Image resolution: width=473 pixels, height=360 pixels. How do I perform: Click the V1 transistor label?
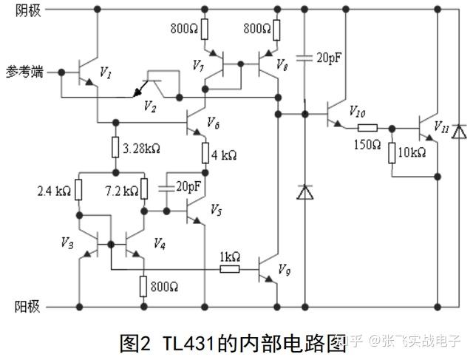tap(105, 74)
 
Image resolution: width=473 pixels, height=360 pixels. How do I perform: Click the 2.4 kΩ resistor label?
tap(55, 191)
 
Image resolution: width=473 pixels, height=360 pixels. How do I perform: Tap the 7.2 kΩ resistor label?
tap(120, 191)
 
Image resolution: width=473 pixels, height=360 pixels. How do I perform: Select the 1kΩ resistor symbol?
tap(229, 269)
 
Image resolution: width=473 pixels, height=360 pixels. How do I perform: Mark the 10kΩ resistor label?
tap(412, 153)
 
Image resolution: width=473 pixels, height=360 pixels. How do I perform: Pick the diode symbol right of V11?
tap(459, 132)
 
